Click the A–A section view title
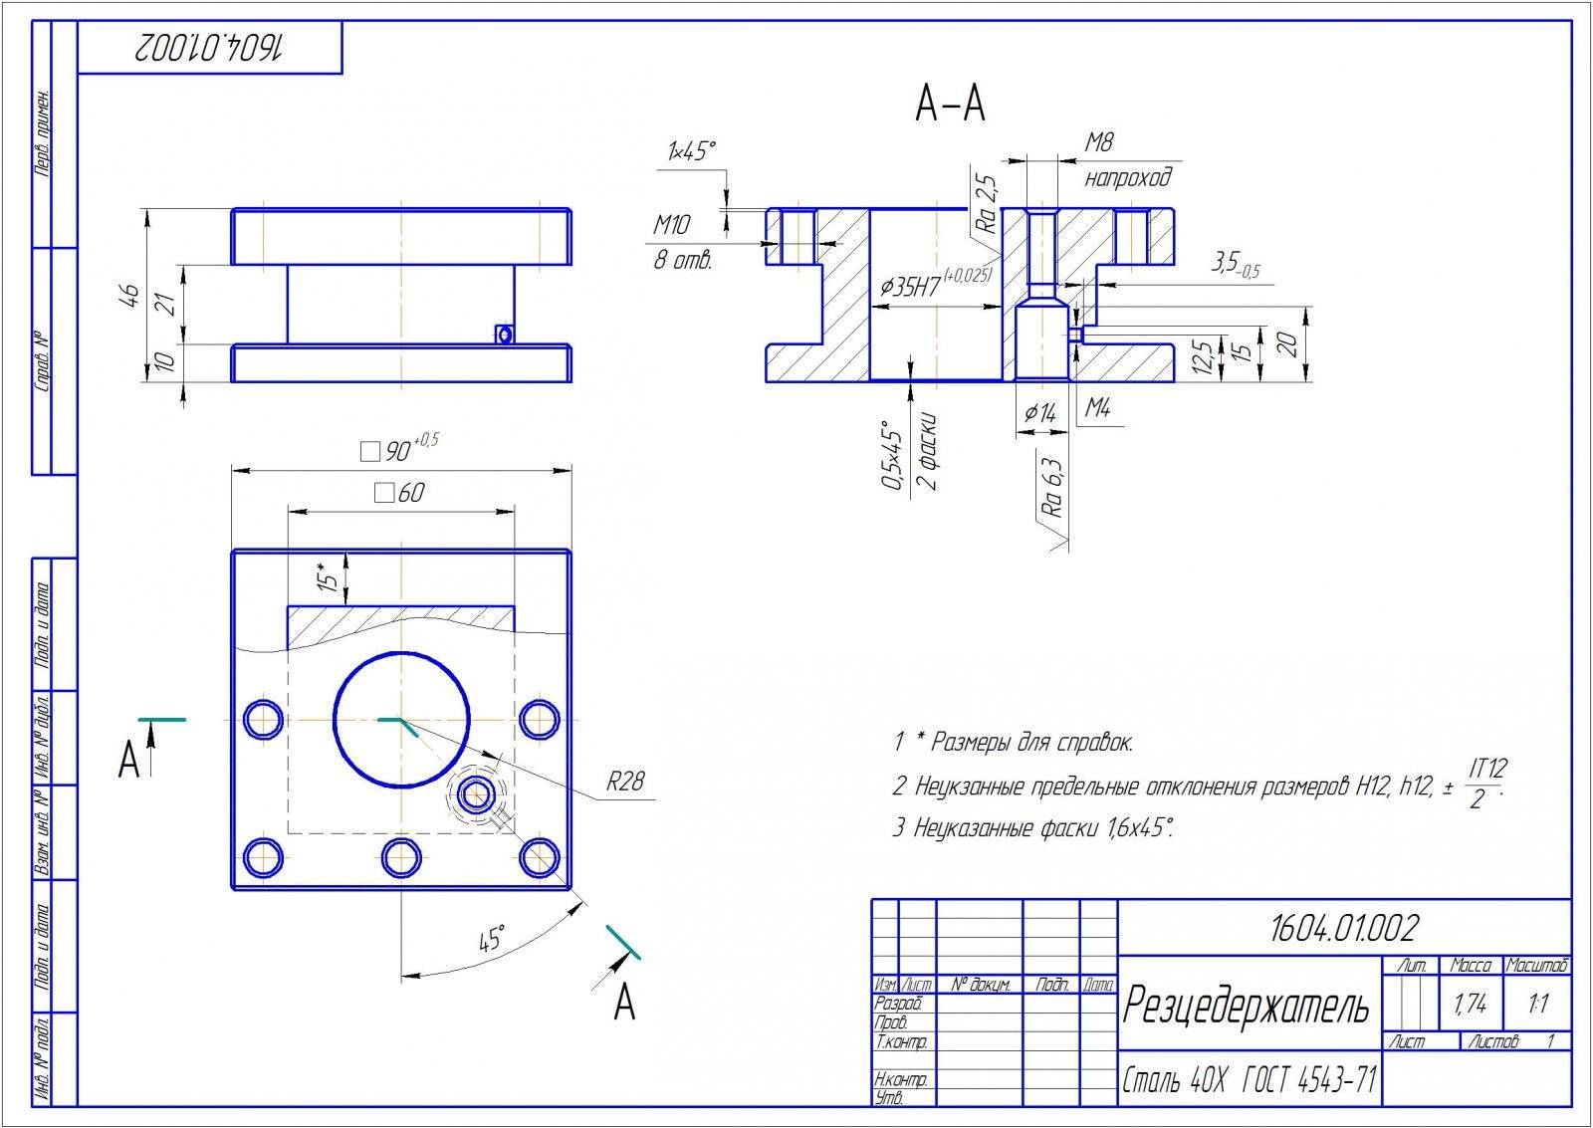click(951, 104)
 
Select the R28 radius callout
click(625, 782)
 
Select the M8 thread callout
click(1098, 143)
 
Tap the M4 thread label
click(1098, 407)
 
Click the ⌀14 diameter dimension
click(1039, 411)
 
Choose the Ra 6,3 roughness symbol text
click(1052, 487)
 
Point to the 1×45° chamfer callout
click(691, 151)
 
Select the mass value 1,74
click(1470, 1005)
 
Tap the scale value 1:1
click(1538, 1005)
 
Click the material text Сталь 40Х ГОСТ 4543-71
click(1249, 1079)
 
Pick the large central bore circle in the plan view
click(401, 719)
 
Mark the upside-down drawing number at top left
click(210, 47)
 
